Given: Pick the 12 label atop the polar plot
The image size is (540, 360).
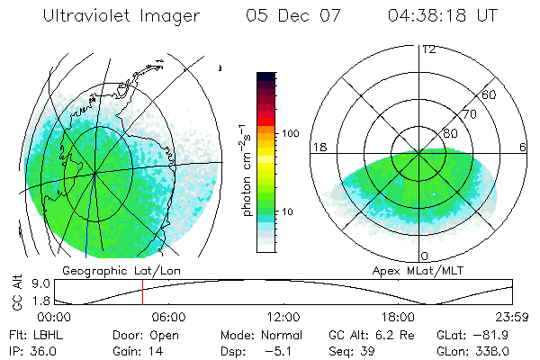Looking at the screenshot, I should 428,49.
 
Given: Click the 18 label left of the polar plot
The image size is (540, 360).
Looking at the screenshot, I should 319,148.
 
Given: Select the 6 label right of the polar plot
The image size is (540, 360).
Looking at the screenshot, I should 524,148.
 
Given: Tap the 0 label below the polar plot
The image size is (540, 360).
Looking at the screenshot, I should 424,256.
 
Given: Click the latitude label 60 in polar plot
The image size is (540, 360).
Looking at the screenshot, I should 490,95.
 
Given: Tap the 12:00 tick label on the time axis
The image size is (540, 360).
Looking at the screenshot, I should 283,317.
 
